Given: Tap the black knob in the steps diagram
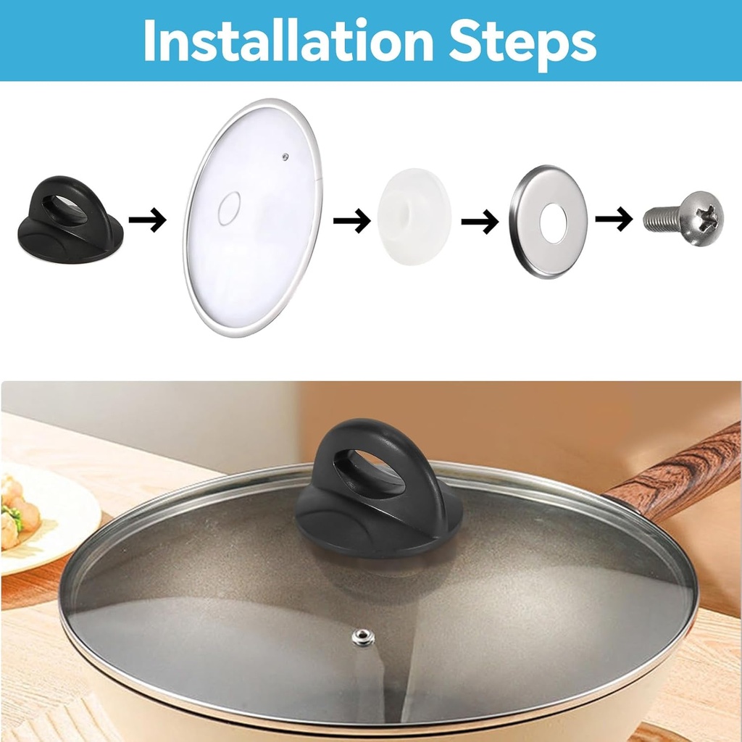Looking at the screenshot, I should [70, 220].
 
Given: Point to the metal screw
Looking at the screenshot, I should [683, 218].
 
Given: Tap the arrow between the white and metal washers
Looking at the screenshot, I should [480, 220].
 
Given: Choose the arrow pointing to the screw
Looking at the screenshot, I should [614, 218].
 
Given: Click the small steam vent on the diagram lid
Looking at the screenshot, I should [286, 155].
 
